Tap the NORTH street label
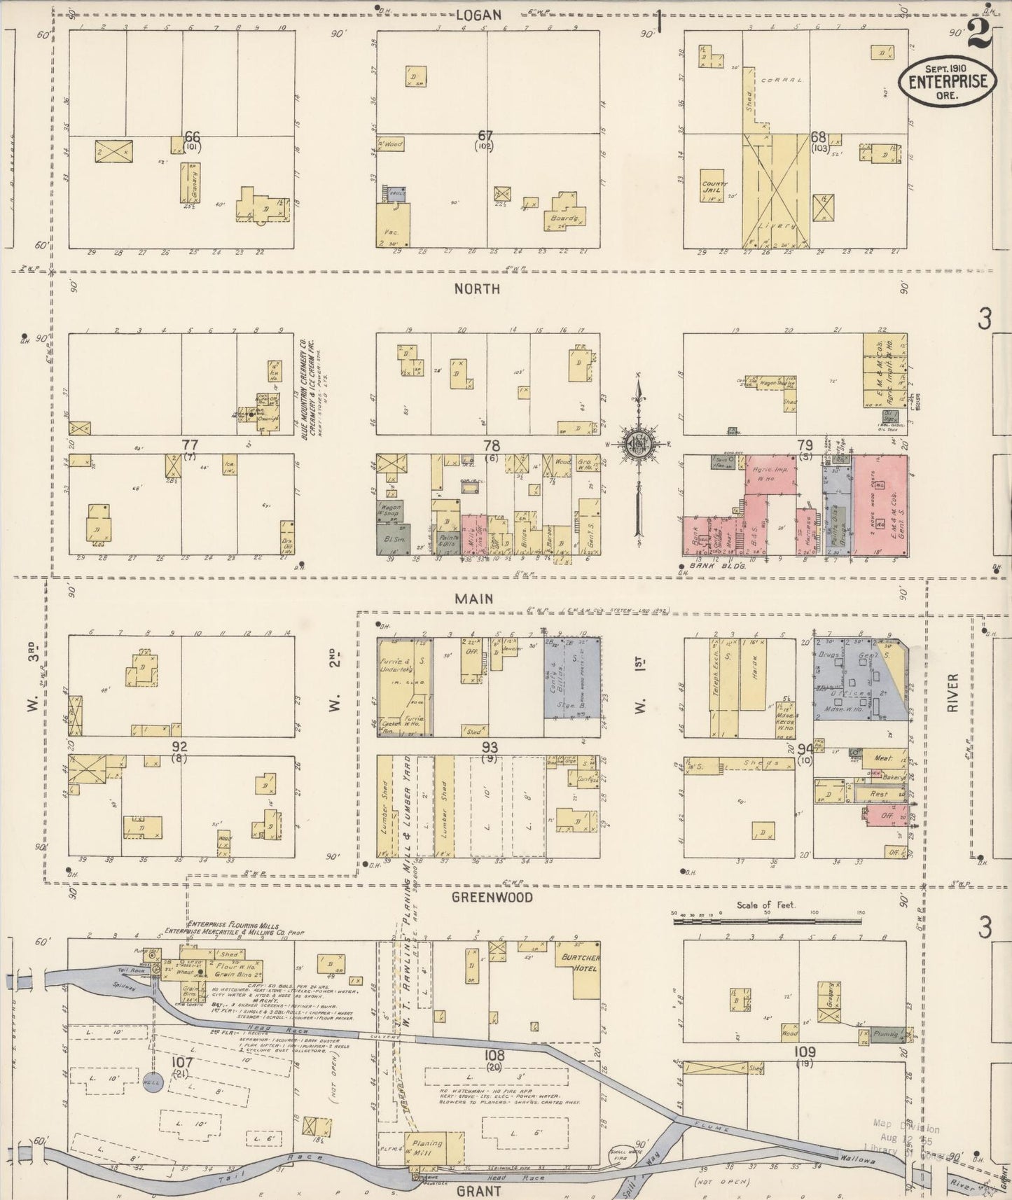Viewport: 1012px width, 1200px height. [477, 288]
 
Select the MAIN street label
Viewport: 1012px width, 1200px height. [473, 599]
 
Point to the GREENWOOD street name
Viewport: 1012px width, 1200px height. [492, 897]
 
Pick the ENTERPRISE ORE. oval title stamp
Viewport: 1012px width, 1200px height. [948, 81]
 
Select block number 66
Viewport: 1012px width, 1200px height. [192, 137]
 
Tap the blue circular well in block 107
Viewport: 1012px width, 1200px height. [153, 1082]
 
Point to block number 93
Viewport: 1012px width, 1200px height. [490, 748]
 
